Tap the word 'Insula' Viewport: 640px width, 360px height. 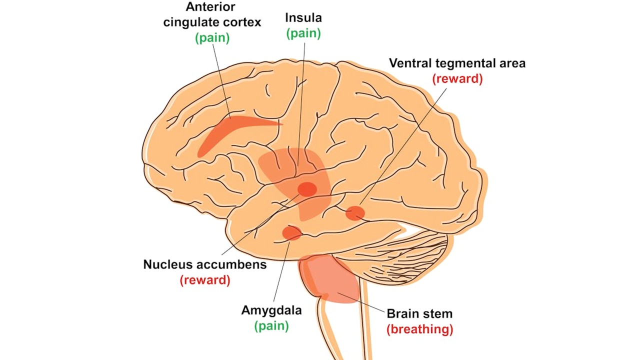[303, 18]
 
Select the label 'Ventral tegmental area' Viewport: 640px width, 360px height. [457, 63]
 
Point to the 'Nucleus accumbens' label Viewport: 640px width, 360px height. [205, 264]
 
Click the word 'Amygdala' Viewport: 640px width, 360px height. [271, 310]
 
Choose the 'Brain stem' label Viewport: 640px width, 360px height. [419, 313]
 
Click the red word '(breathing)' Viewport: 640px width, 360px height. [419, 329]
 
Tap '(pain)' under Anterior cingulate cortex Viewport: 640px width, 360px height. [212, 38]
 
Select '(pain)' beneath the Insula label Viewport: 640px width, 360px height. [303, 33]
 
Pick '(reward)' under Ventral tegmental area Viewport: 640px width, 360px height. [457, 78]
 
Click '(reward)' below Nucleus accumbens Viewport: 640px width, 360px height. [205, 279]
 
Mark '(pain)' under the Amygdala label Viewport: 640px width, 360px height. [271, 326]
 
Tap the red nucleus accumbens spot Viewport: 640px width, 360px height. [307, 189]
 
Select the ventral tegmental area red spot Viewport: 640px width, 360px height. [355, 213]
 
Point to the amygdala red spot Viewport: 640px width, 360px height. [291, 232]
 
